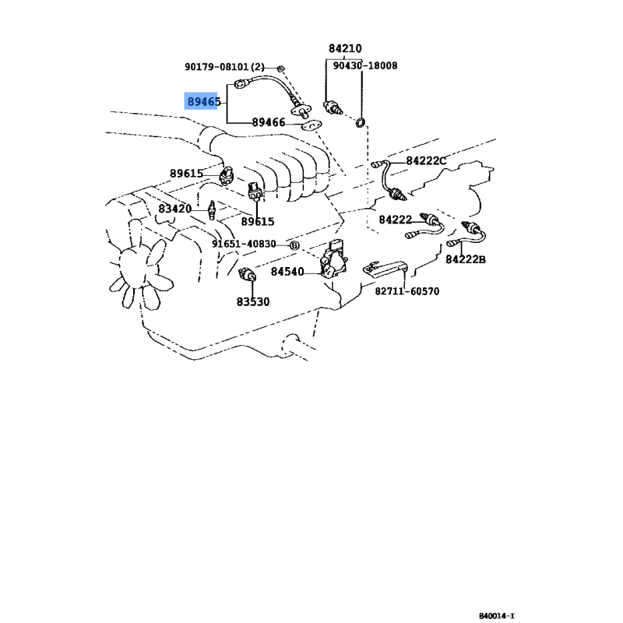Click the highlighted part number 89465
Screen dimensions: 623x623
click(204, 102)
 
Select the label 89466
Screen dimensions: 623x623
click(269, 122)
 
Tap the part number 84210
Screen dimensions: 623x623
click(345, 48)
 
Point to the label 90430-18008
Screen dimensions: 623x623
click(364, 65)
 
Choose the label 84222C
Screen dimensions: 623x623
click(426, 161)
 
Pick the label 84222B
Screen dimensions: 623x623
click(465, 259)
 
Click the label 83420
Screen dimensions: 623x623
click(174, 209)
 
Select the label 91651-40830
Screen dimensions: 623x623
click(244, 244)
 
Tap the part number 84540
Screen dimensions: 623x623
click(287, 272)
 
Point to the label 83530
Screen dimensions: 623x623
click(253, 302)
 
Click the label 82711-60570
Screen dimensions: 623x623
click(407, 291)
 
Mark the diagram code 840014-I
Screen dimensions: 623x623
click(496, 616)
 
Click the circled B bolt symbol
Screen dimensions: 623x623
click(294, 245)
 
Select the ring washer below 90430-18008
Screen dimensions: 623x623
click(360, 123)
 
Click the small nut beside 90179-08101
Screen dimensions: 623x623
click(280, 69)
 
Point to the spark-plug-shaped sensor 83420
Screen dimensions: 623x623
click(212, 209)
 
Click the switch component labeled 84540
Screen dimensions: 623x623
click(334, 259)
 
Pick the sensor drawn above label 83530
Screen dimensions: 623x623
click(247, 274)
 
